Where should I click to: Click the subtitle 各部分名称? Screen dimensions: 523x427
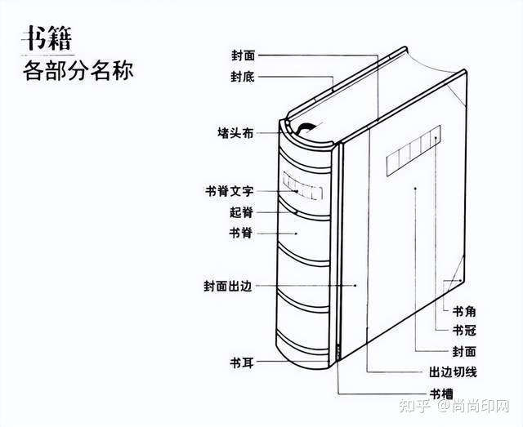pos(78,70)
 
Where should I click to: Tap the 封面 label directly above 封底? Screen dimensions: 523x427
pos(243,56)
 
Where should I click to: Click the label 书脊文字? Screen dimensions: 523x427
pos(229,191)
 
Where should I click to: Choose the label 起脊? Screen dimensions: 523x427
pos(242,211)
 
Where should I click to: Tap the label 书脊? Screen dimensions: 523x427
pos(242,233)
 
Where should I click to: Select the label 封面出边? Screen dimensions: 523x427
pos(229,287)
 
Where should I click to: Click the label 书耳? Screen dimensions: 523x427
pos(242,361)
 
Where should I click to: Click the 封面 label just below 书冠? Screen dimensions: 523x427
pos(464,351)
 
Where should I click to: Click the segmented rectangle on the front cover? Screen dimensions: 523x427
pos(413,150)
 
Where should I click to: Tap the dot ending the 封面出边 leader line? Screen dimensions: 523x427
pos(356,286)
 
